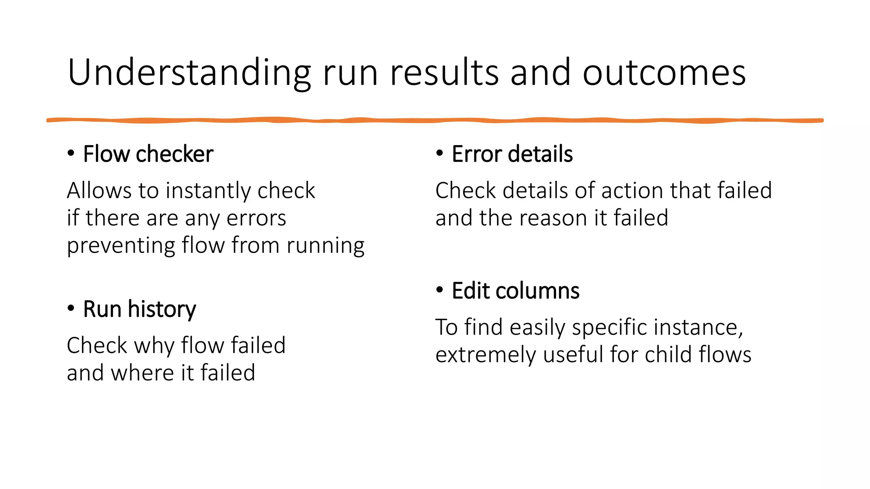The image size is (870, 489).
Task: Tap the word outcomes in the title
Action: [664, 73]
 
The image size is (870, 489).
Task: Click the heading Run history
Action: [139, 309]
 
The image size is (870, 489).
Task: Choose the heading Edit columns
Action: [515, 291]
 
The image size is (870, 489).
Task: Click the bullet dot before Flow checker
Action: [71, 153]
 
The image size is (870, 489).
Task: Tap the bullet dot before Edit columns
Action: [440, 290]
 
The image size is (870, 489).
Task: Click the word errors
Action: [256, 218]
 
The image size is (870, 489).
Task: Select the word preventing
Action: [121, 246]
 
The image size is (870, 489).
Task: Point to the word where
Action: [142, 373]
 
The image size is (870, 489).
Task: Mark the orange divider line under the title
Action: [435, 121]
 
